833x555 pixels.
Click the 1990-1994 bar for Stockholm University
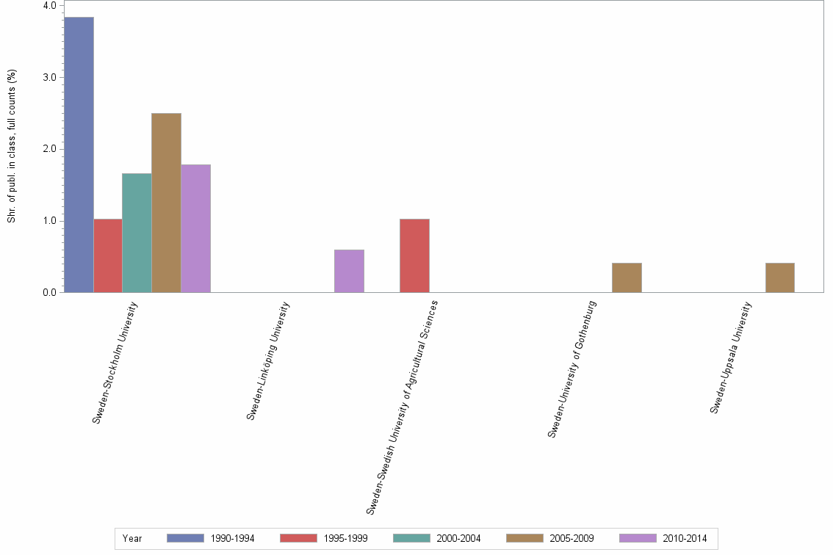tap(79, 154)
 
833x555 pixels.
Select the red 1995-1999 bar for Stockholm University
tap(108, 255)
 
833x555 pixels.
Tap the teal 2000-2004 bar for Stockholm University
tap(137, 233)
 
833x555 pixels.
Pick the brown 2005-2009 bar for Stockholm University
tap(166, 203)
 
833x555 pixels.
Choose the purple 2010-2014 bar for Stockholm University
tap(195, 228)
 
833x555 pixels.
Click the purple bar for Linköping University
tap(349, 271)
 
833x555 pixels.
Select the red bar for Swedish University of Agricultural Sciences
tap(414, 255)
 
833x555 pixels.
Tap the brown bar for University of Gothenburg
tap(627, 277)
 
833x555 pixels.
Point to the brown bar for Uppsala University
tap(779, 277)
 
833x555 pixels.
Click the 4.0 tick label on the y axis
tap(50, 6)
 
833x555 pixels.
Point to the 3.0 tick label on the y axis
tap(50, 77)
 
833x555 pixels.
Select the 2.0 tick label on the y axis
tap(50, 149)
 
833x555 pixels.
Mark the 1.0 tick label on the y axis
tap(50, 221)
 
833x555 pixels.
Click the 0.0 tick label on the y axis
tap(50, 293)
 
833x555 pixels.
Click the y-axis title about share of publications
tap(12, 147)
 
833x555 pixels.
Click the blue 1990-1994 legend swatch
tap(185, 538)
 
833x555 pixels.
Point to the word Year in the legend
tap(132, 539)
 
